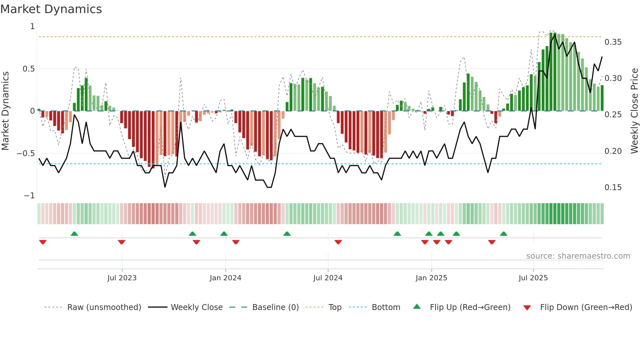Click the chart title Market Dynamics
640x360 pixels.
pyautogui.click(x=51, y=9)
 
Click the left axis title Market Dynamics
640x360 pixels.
pyautogui.click(x=5, y=111)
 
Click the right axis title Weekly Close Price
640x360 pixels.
pyautogui.click(x=634, y=111)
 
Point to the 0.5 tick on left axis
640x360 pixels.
pyautogui.click(x=28, y=69)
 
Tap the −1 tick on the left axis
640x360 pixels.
pyautogui.click(x=29, y=196)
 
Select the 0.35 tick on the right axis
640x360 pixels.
pyautogui.click(x=613, y=42)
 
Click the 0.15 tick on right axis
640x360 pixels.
pyautogui.click(x=613, y=188)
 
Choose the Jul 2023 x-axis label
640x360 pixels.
pyautogui.click(x=122, y=278)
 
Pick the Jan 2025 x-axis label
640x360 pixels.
pyautogui.click(x=431, y=278)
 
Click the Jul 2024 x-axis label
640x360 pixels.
pyautogui.click(x=328, y=278)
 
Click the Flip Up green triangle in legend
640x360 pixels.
pyautogui.click(x=417, y=306)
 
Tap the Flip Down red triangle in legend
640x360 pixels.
pyautogui.click(x=527, y=308)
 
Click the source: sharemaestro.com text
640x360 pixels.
pyautogui.click(x=578, y=256)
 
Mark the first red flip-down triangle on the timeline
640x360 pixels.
pyautogui.click(x=43, y=242)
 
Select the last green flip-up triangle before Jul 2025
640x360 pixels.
pyautogui.click(x=504, y=234)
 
